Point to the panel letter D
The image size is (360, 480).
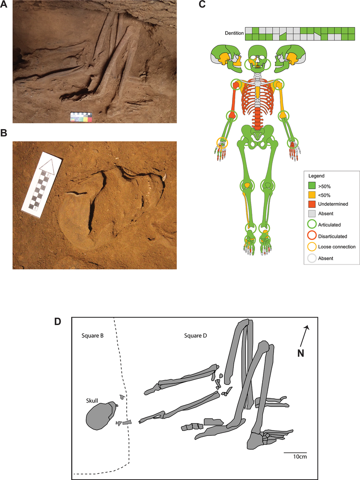58,322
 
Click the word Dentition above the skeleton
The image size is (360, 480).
235,33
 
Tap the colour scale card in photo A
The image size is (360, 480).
81,117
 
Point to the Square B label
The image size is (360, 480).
93,336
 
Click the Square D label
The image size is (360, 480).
196,336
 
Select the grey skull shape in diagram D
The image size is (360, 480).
101,416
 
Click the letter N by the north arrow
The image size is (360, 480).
300,353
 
